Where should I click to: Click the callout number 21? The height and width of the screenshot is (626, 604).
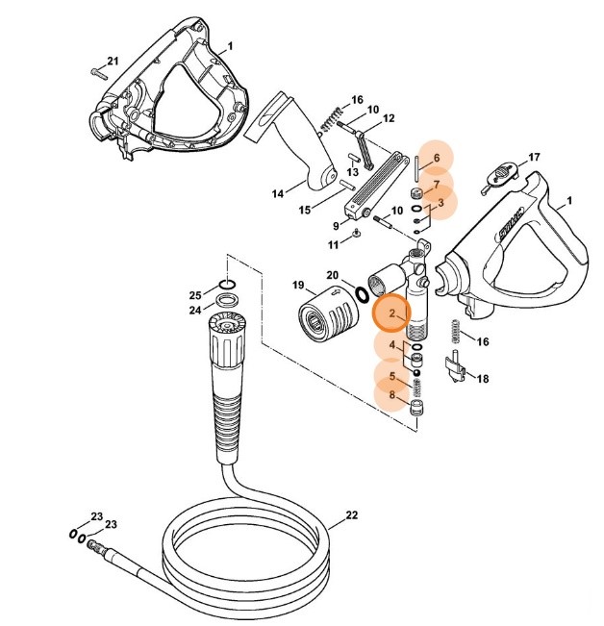(113, 62)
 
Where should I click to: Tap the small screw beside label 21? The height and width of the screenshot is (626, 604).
(99, 70)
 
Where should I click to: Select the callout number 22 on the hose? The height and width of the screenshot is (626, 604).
(351, 515)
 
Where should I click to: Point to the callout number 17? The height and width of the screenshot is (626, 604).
(534, 156)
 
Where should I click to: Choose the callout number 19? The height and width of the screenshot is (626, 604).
(297, 286)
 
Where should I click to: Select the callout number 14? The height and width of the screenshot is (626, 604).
(277, 193)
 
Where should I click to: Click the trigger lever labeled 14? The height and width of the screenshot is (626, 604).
(303, 144)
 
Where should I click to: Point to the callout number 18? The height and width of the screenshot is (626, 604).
(482, 378)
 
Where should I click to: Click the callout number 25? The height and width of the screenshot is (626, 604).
(194, 294)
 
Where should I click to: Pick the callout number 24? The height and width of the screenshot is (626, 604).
(194, 310)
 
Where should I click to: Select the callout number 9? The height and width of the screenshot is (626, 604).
(337, 225)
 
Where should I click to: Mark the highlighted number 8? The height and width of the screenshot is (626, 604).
(391, 394)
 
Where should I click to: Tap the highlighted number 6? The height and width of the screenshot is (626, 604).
(436, 158)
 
